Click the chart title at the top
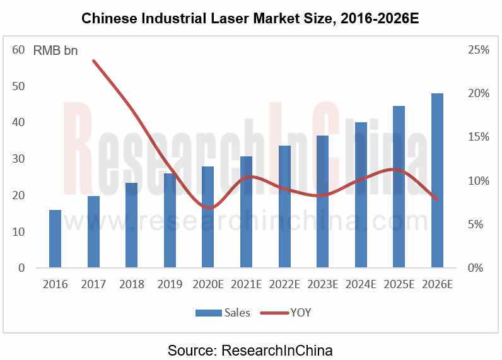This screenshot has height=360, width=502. pyautogui.click(x=250, y=19)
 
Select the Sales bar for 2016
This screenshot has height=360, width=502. pyautogui.click(x=55, y=239)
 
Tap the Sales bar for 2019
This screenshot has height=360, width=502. pyautogui.click(x=170, y=221)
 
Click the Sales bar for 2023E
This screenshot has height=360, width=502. pyautogui.click(x=322, y=202)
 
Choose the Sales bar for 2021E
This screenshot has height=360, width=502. pyautogui.click(x=246, y=212)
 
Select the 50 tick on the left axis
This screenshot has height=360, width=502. pyautogui.click(x=18, y=86)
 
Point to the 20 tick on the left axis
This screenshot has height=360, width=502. pyautogui.click(x=18, y=195)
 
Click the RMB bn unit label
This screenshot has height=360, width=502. pyautogui.click(x=55, y=50)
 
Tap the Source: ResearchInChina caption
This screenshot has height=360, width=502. pyautogui.click(x=250, y=349)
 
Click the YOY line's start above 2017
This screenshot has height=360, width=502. pyautogui.click(x=93, y=61)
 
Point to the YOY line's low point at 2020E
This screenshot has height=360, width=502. pyautogui.click(x=209, y=207)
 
